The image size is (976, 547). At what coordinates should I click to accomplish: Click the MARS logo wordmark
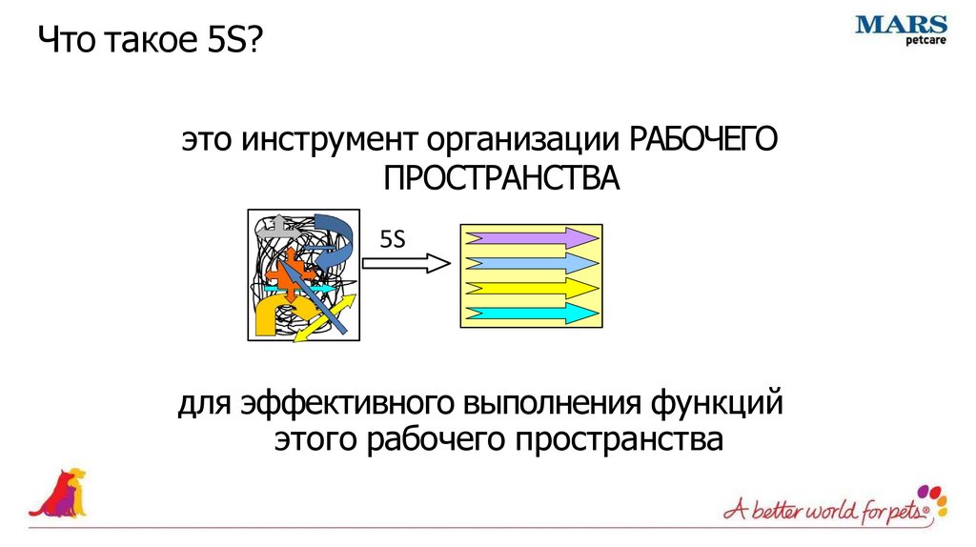coord(902,26)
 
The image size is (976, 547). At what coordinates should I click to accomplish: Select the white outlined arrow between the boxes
coord(405,262)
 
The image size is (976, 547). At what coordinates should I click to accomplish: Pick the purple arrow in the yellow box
coord(530,238)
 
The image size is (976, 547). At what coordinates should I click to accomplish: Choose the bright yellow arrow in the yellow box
coord(530,287)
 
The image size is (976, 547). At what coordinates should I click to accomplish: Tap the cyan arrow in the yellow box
coord(530,312)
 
